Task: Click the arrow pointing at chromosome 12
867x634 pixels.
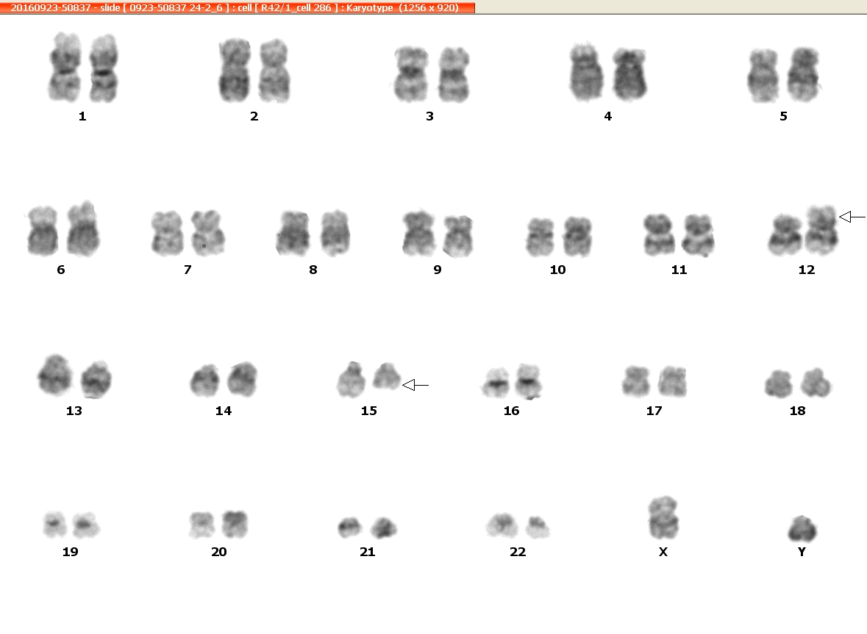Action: pos(852,217)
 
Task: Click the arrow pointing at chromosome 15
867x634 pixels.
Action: pos(415,385)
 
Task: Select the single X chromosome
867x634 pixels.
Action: pos(663,517)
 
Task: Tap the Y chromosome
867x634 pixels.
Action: pos(802,528)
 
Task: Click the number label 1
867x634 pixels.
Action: pos(82,116)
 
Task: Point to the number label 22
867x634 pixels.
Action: pos(518,552)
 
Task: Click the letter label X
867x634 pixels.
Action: pos(663,552)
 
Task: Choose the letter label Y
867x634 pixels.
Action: pos(802,552)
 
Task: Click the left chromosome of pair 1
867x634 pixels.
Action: pos(65,67)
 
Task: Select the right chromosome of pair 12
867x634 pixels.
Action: pos(821,230)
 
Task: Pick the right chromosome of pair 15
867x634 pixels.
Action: pos(387,376)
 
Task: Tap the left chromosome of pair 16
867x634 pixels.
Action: pos(496,382)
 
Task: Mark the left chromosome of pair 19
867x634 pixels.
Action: pos(54,524)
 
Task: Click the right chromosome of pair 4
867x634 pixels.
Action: pos(629,74)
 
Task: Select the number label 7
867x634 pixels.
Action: pos(188,270)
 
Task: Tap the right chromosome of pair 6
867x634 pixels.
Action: pos(84,229)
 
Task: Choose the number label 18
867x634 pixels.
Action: pos(797,411)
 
